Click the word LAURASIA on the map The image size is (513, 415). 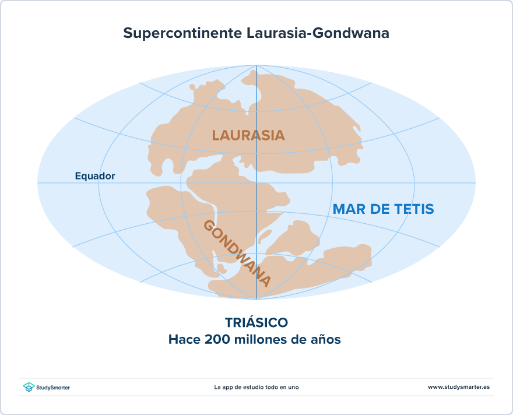point(248,135)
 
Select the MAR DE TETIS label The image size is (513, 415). point(383,209)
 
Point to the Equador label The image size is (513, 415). point(95,176)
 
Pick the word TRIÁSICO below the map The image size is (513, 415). point(256,322)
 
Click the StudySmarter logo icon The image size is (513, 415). point(28,387)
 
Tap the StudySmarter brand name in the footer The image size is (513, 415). point(53,388)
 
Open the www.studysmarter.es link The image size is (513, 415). point(459,387)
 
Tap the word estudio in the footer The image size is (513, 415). point(254,387)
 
